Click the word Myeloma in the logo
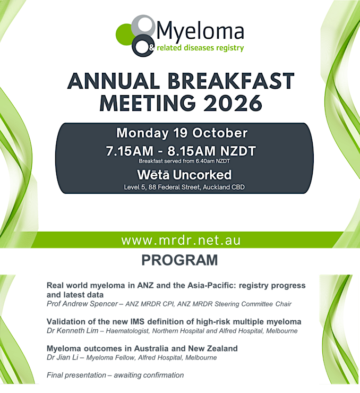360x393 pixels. pyautogui.click(x=200, y=32)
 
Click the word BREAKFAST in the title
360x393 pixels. pyautogui.click(x=231, y=81)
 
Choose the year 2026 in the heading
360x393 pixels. pyautogui.click(x=233, y=103)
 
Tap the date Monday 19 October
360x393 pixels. pyautogui.click(x=182, y=133)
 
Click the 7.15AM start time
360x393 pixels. pyautogui.click(x=130, y=151)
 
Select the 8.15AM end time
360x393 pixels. pyautogui.click(x=191, y=151)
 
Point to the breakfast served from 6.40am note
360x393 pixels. pyautogui.click(x=184, y=161)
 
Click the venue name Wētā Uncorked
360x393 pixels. pyautogui.click(x=184, y=175)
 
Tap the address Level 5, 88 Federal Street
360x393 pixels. pyautogui.click(x=162, y=187)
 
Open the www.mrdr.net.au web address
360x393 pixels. pyautogui.click(x=181, y=241)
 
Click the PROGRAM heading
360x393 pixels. pyautogui.click(x=179, y=260)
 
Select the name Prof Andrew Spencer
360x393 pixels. pyautogui.click(x=82, y=304)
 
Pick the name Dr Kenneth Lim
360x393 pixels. pyautogui.click(x=72, y=330)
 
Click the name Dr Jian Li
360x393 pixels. pyautogui.click(x=62, y=357)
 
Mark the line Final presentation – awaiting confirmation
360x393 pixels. pyautogui.click(x=115, y=375)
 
